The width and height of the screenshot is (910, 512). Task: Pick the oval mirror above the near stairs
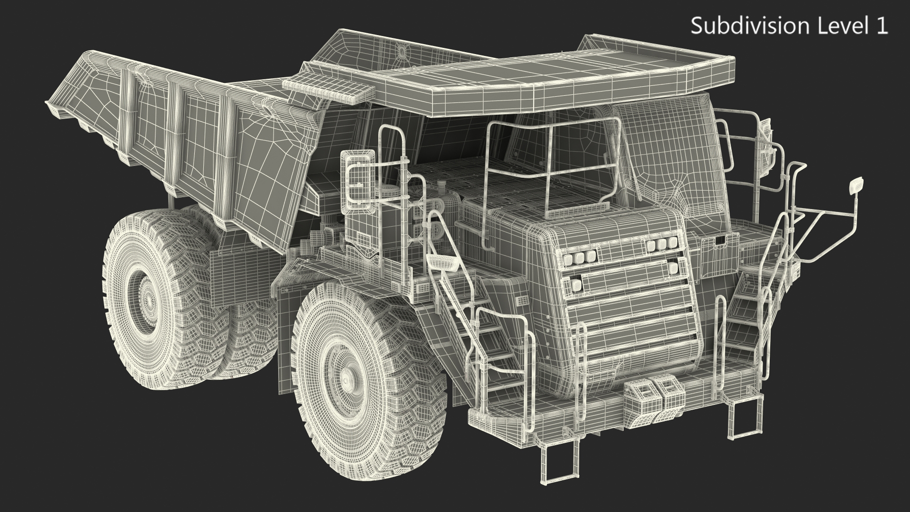(441, 262)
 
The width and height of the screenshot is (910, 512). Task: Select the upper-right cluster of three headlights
(660, 245)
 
